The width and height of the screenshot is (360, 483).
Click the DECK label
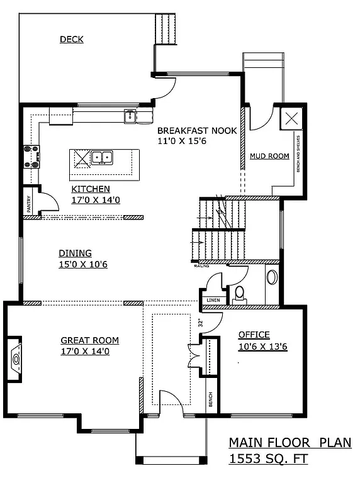pyautogui.click(x=72, y=40)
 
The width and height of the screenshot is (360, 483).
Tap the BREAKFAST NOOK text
pyautogui.click(x=197, y=131)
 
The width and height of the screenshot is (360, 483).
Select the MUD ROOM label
pyautogui.click(x=269, y=156)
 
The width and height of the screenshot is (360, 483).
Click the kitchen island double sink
pyautogui.click(x=102, y=157)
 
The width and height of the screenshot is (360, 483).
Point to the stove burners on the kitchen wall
pyautogui.click(x=31, y=157)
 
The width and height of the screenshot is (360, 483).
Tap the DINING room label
pyautogui.click(x=75, y=253)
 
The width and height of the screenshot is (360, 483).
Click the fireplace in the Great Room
pyautogui.click(x=16, y=360)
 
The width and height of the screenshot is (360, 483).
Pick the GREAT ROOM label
pyautogui.click(x=89, y=340)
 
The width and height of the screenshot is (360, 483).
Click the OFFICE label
pyautogui.click(x=254, y=335)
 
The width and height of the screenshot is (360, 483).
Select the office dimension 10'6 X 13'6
pyautogui.click(x=262, y=347)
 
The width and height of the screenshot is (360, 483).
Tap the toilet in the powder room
pyautogui.click(x=239, y=293)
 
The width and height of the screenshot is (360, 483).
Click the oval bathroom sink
pyautogui.click(x=273, y=277)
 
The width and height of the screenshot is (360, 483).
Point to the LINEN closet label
pyautogui.click(x=213, y=300)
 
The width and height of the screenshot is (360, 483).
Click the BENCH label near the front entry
pyautogui.click(x=210, y=399)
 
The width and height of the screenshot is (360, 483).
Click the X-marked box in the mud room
pyautogui.click(x=291, y=118)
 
